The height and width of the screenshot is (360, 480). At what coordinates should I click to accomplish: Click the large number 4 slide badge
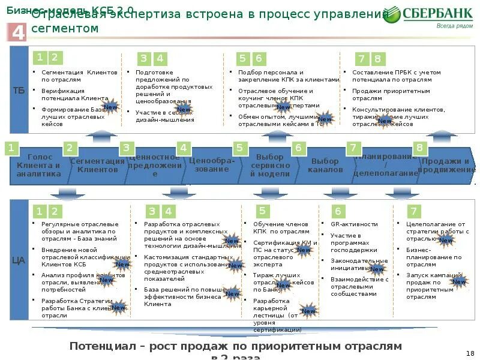19,32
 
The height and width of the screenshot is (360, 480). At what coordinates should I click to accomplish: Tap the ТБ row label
19,91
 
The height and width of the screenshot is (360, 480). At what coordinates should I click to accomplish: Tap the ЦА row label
19,260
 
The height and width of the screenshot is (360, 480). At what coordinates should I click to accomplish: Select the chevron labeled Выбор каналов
325,165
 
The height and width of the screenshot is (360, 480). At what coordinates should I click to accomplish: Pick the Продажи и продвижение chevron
446,165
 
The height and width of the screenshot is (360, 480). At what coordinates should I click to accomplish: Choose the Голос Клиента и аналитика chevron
38,165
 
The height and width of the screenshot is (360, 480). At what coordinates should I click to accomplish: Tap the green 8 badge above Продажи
419,148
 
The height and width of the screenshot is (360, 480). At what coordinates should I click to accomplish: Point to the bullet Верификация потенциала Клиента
75,94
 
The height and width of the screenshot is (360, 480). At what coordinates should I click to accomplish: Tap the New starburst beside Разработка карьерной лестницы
308,311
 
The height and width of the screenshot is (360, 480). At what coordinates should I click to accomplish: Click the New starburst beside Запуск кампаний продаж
459,281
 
